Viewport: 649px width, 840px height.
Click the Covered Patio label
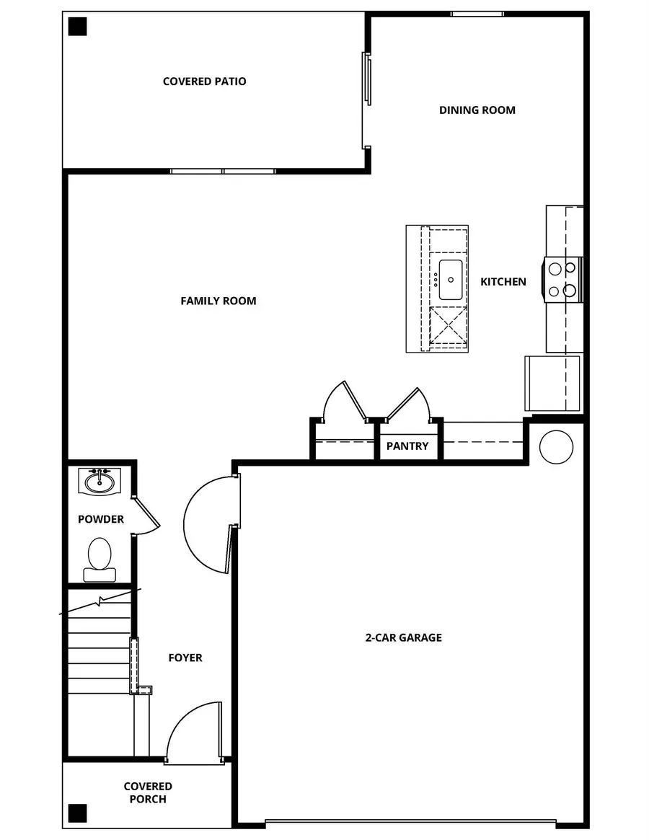coord(204,81)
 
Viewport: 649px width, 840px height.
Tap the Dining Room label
coord(477,110)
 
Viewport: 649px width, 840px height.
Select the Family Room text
coord(218,301)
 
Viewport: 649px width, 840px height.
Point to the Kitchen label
coord(503,282)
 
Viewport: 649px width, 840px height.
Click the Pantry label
coord(407,446)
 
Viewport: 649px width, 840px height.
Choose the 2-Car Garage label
coord(403,637)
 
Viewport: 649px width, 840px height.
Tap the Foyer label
coord(185,658)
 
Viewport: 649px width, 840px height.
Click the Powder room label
coord(100,519)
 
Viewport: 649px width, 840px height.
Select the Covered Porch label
coord(147,792)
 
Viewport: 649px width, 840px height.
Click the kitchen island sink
coord(450,280)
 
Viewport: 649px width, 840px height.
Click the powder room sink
coord(100,481)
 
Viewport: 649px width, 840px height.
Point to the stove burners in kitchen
coord(562,279)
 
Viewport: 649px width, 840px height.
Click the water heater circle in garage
coord(556,447)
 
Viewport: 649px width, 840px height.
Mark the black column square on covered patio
coord(77,27)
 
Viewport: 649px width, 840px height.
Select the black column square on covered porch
coord(77,813)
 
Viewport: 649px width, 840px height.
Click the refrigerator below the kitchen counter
coord(552,382)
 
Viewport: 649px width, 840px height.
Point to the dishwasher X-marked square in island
coord(448,327)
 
